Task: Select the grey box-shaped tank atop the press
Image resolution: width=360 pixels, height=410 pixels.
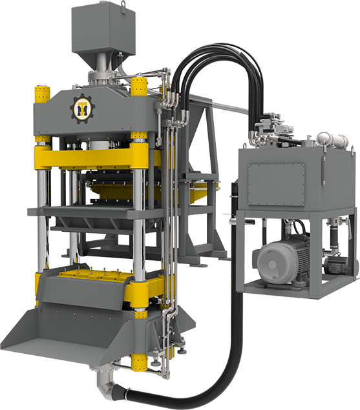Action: pos(103,28)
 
